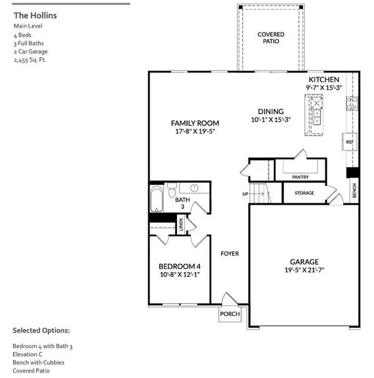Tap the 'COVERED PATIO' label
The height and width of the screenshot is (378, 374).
[x=272, y=37]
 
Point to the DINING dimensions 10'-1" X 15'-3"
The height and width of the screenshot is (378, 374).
[x=267, y=119]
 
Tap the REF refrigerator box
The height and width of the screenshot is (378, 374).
[x=350, y=142]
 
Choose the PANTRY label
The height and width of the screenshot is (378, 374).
[x=300, y=177]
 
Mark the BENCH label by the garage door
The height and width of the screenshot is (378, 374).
[x=354, y=187]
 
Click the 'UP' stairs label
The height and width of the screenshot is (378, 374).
[x=245, y=194]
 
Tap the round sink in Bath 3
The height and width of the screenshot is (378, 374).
[x=194, y=188]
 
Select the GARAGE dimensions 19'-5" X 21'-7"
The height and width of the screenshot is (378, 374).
[x=304, y=270]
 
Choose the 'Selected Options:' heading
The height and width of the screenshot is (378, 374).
[x=41, y=330]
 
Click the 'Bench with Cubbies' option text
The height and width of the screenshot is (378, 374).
[x=38, y=362]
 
